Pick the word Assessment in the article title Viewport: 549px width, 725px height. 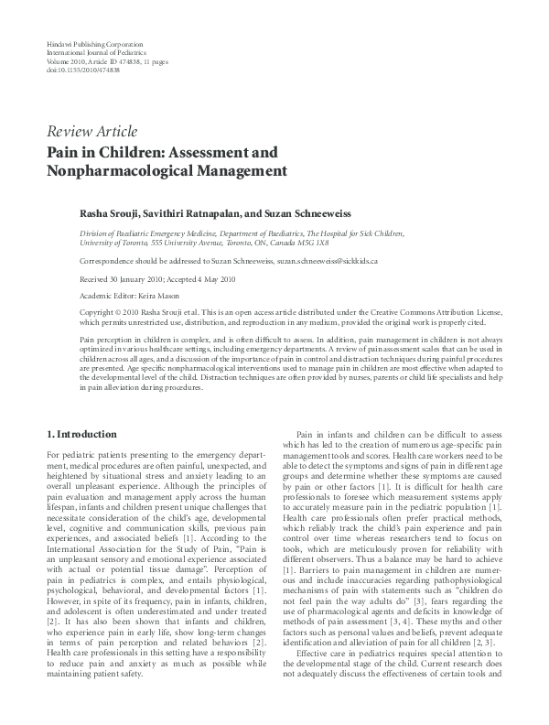[201, 149]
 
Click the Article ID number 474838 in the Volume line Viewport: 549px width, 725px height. [135, 62]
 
